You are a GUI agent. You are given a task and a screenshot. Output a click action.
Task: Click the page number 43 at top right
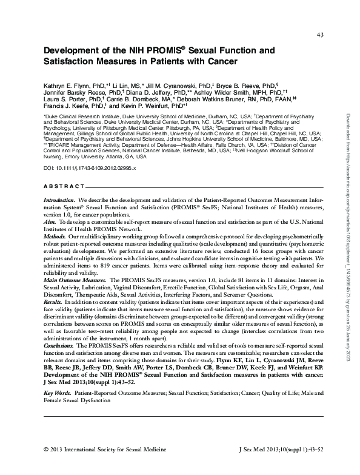click(x=321, y=34)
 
